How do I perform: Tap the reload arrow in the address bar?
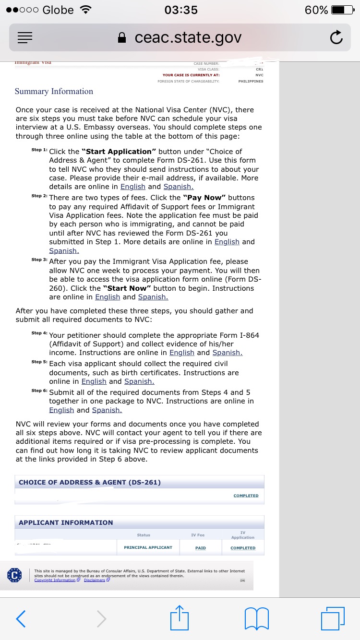tap(336, 37)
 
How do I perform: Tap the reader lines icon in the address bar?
tap(25, 37)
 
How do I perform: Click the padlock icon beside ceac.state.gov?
tap(122, 38)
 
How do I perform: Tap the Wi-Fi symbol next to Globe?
tap(86, 10)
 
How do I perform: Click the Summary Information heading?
tap(54, 91)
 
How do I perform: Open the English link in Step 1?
tap(133, 187)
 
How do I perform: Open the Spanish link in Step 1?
tap(178, 187)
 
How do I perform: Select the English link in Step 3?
tap(108, 297)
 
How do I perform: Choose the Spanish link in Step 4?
tap(227, 353)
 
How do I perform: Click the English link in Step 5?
tap(94, 381)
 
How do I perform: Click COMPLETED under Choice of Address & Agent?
tap(246, 496)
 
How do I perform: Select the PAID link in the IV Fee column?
tap(201, 548)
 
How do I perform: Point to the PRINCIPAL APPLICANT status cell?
tap(148, 547)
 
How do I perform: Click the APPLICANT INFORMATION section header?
tap(66, 522)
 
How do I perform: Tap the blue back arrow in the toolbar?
tap(21, 618)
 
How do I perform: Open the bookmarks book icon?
tap(256, 618)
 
